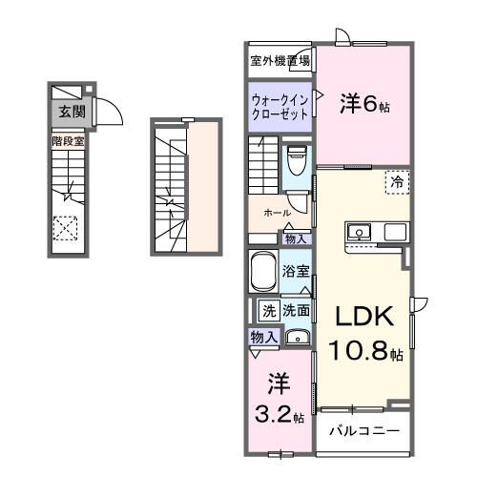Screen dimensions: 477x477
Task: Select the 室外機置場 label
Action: [280, 60]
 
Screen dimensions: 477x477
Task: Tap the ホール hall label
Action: [277, 213]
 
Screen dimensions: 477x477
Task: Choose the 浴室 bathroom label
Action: [295, 270]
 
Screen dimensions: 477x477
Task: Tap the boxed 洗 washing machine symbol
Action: [268, 310]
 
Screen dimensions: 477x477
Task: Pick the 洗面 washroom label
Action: [294, 310]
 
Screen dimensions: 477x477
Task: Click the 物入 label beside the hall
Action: [296, 238]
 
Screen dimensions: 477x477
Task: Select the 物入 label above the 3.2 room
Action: [264, 337]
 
